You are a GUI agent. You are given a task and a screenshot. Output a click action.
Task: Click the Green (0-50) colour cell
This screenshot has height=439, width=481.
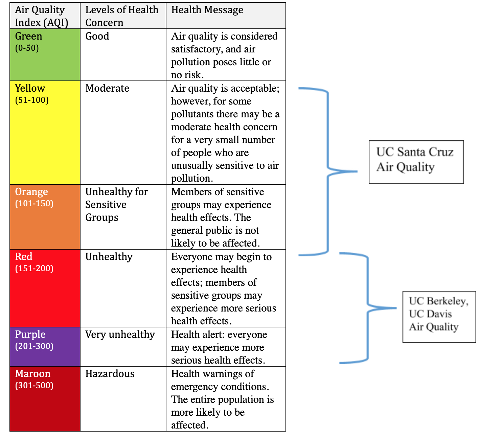coord(45,55)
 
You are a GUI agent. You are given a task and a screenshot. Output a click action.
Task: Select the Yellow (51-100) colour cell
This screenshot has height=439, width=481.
coord(45,133)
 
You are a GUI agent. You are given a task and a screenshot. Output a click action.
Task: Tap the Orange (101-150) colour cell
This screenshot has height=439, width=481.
coord(45,217)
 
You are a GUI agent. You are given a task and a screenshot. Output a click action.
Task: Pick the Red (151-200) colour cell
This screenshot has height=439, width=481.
coord(45,288)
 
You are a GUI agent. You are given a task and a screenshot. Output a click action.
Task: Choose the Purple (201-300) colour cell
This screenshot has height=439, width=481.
coord(45,347)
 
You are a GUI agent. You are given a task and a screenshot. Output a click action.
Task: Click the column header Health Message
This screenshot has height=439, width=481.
coord(207,10)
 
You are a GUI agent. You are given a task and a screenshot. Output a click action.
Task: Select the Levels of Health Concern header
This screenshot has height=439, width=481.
coord(122,16)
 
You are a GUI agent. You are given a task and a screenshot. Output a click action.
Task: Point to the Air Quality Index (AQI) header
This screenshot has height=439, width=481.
coord(41,16)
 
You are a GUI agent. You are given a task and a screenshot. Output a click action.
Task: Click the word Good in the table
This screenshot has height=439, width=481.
coord(97,36)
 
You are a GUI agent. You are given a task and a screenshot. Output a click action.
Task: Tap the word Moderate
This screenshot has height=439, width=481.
coord(107,88)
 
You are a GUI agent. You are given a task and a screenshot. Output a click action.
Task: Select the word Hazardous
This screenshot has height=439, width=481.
coord(110,374)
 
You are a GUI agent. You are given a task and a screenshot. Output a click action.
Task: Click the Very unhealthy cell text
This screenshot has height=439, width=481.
coord(120,334)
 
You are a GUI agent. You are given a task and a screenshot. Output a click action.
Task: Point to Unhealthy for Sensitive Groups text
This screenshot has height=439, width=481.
coord(116,205)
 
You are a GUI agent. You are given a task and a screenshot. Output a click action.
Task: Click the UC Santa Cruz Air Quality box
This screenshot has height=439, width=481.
coord(416,162)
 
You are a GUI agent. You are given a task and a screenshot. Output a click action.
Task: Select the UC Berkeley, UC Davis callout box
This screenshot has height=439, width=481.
coord(439,317)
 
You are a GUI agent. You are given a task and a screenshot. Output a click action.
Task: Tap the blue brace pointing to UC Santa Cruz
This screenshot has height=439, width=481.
coord(327,171)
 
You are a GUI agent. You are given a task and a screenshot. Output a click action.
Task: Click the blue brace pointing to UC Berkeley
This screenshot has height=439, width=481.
coord(368,308)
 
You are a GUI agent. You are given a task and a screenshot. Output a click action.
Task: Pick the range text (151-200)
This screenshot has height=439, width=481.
coord(34,269)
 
